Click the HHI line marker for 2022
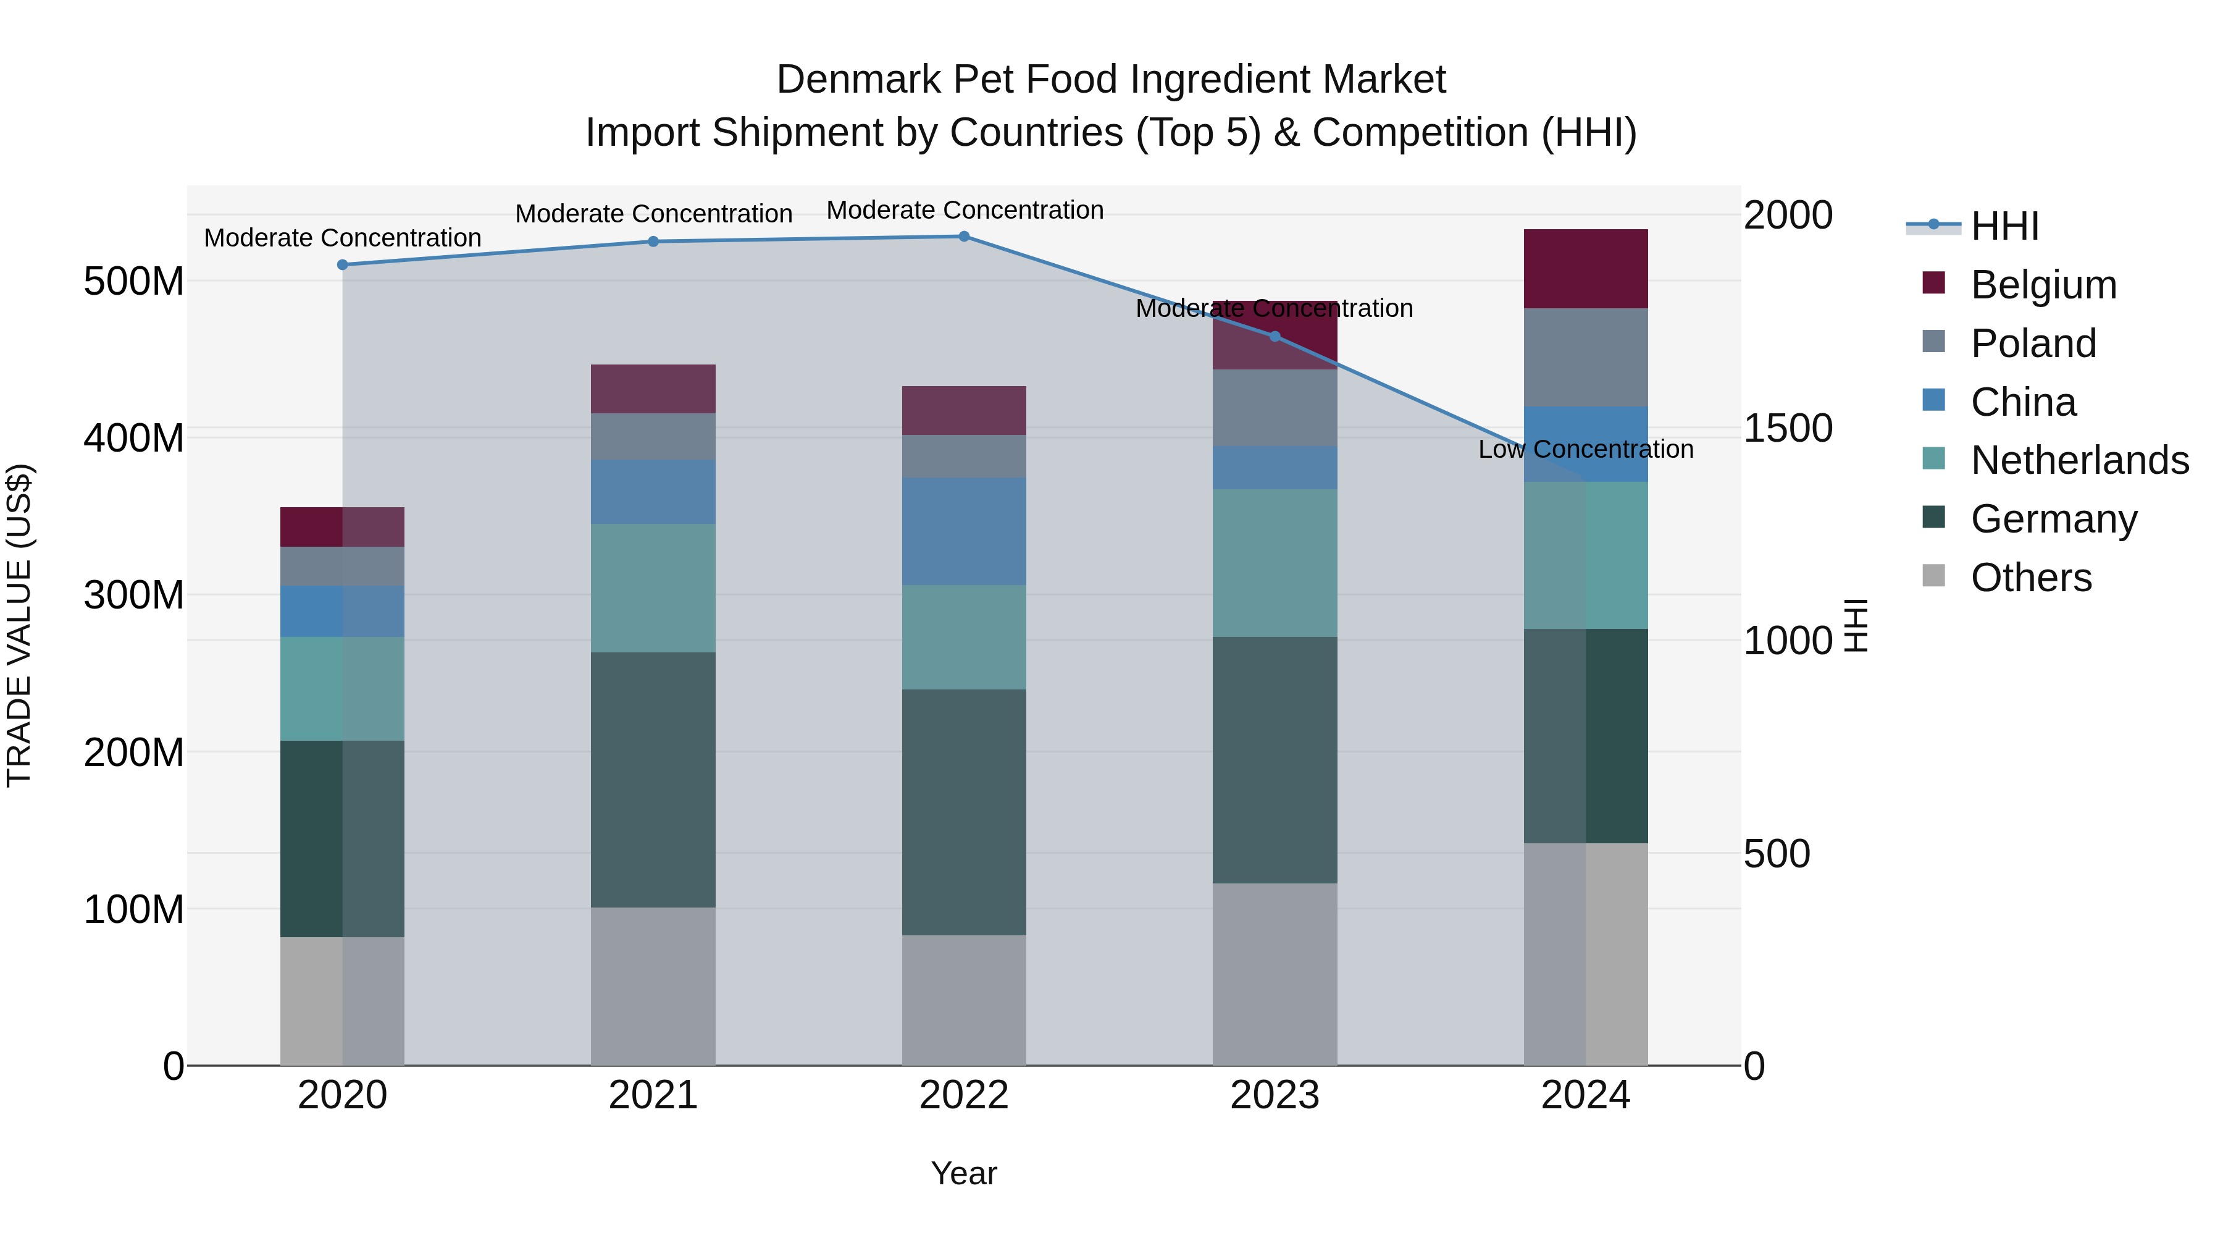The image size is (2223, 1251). click(x=964, y=237)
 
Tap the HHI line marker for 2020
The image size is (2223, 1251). click(x=343, y=265)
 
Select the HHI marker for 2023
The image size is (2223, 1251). click(x=1275, y=337)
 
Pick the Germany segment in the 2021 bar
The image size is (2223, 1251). click(x=653, y=779)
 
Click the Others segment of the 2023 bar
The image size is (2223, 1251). click(x=1275, y=974)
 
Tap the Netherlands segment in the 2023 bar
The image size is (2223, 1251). click(x=1275, y=563)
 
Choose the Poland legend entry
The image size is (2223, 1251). click(x=2032, y=343)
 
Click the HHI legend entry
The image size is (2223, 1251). click(x=2004, y=226)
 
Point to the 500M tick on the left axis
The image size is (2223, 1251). click(x=134, y=282)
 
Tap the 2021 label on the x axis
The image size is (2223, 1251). click(x=653, y=1095)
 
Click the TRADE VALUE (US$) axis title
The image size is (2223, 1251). click(x=19, y=625)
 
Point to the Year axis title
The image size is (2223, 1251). click(x=964, y=1173)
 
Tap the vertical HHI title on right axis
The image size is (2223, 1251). click(x=1856, y=625)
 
